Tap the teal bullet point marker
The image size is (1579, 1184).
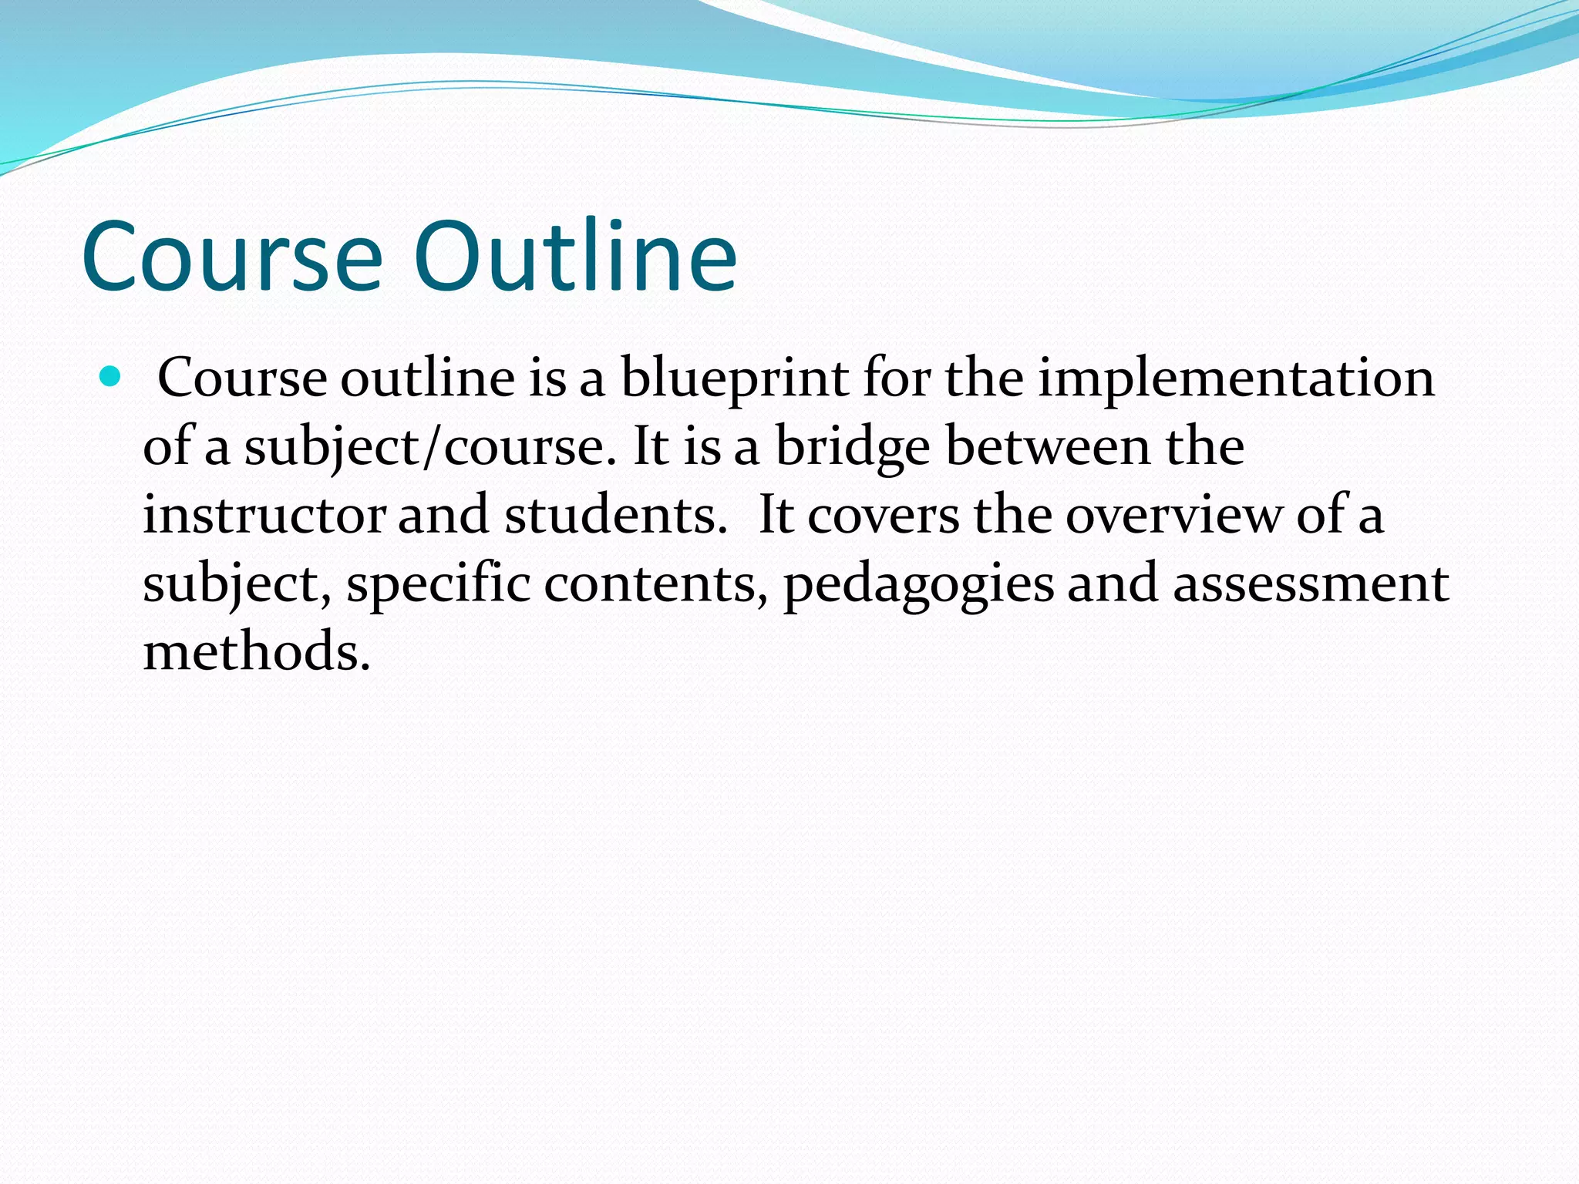(111, 377)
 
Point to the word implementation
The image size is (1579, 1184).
(1236, 379)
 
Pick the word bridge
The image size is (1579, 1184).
(852, 447)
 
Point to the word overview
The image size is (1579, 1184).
(1173, 515)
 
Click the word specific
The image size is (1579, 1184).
(438, 584)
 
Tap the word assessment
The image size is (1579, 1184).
(1310, 584)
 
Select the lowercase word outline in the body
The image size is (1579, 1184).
(427, 379)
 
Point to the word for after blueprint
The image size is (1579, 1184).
(896, 379)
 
